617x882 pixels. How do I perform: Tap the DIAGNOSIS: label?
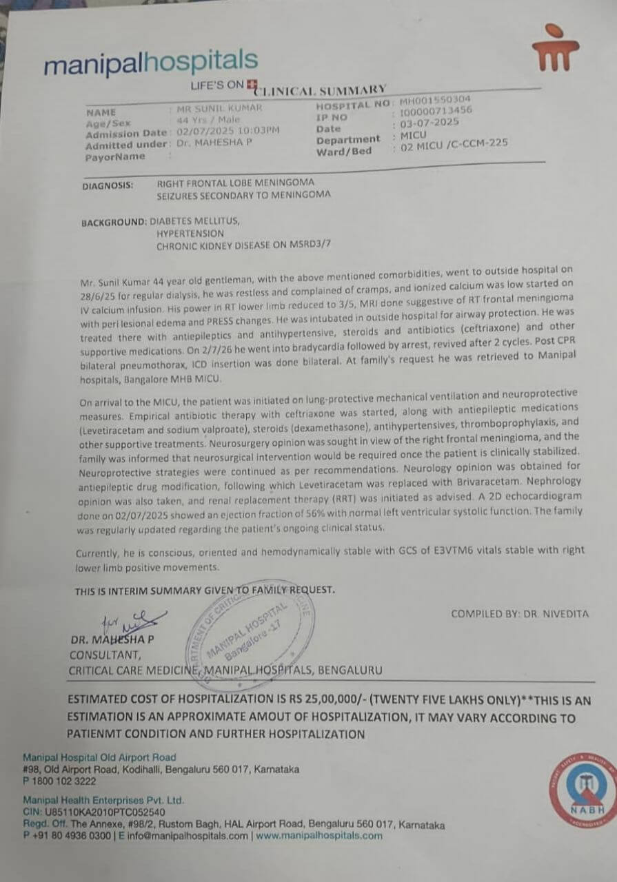[107, 185]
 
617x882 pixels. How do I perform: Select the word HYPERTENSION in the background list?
[190, 234]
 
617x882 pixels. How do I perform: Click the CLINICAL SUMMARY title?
[321, 90]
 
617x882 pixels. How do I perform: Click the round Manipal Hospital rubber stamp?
[250, 626]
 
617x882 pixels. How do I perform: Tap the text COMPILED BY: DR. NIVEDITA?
[520, 613]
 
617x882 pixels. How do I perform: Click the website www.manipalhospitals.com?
[318, 836]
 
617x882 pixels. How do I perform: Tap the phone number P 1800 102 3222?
[59, 781]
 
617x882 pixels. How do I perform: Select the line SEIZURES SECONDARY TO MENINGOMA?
[243, 194]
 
